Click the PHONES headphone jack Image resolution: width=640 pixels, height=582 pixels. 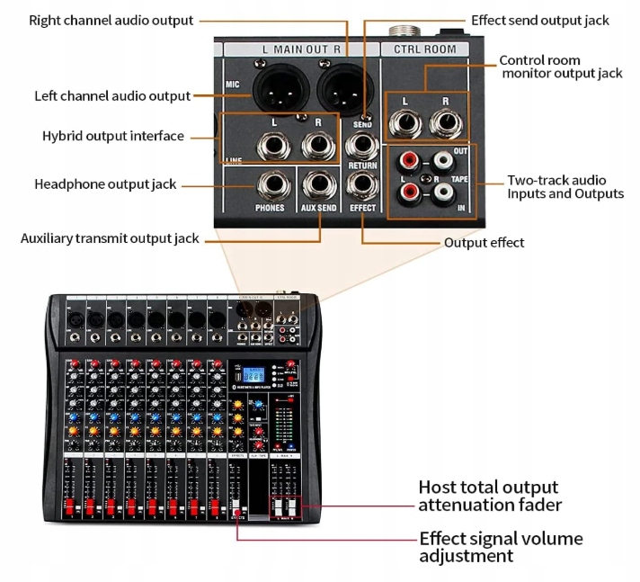click(270, 187)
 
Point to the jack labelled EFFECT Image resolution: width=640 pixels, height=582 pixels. click(363, 187)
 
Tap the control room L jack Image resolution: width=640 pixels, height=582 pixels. click(404, 121)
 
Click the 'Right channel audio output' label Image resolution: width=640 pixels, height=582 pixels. click(111, 20)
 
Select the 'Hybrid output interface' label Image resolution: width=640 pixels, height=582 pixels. click(113, 137)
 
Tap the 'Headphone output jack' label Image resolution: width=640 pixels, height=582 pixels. click(105, 184)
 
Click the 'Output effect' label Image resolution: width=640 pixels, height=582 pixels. click(484, 243)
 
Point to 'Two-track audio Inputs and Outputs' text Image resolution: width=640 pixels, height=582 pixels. click(564, 187)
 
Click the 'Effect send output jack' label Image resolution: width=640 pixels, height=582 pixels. click(539, 20)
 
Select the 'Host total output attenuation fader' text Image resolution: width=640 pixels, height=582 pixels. click(490, 496)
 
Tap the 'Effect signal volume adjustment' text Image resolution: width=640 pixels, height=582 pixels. click(501, 547)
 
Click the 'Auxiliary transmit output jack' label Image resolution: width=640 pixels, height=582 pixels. click(110, 239)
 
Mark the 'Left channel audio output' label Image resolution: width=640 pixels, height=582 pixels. click(112, 95)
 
